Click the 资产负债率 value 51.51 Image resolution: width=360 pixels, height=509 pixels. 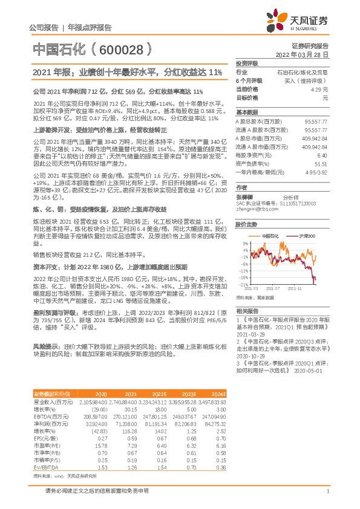pyautogui.click(x=321, y=164)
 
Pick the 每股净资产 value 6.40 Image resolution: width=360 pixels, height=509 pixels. pyautogui.click(x=322, y=155)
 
